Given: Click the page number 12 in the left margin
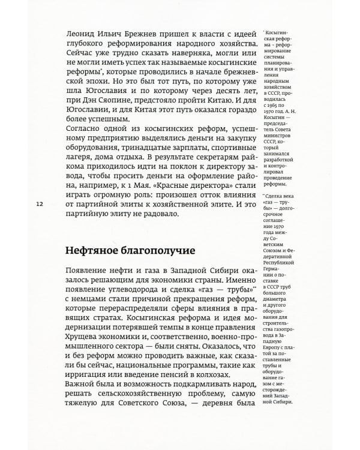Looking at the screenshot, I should [40, 205].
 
